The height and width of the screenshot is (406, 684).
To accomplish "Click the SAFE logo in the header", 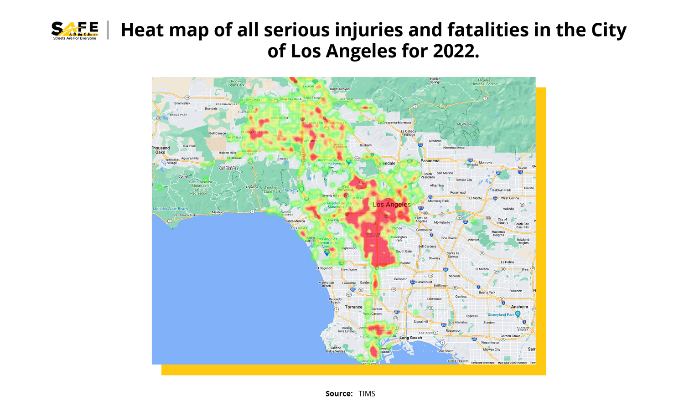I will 75,31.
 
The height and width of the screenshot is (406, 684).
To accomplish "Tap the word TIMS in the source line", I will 367,394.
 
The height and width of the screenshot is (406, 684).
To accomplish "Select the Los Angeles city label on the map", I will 392,205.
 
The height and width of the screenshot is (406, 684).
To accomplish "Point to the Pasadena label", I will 430,160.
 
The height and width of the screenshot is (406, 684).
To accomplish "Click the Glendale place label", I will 387,163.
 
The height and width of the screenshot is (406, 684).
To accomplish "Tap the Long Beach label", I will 410,338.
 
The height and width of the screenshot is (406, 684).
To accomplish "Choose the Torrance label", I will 353,307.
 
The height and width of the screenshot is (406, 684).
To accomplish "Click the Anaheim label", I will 519,307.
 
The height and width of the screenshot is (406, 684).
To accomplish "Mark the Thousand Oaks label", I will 161,150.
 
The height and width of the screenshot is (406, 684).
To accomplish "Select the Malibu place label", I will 217,212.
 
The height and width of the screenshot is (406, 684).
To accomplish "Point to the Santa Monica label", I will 295,221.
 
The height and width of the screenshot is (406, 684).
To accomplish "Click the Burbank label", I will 366,145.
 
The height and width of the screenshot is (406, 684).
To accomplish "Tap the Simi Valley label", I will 182,103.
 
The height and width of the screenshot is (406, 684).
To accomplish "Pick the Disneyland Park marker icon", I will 518,314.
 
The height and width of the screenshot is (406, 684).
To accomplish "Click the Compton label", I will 400,279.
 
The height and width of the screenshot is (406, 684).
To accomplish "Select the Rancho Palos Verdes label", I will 336,349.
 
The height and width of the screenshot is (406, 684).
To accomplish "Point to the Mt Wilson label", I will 464,124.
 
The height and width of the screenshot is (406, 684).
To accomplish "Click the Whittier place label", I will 473,240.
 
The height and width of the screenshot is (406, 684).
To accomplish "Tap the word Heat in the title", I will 142,30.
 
